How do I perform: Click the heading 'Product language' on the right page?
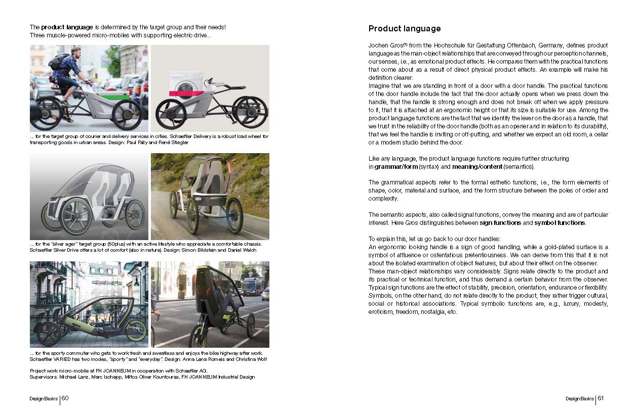(x=405, y=29)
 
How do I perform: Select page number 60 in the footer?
(x=65, y=398)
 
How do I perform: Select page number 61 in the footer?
(x=601, y=398)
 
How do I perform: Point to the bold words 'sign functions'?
(x=500, y=223)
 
